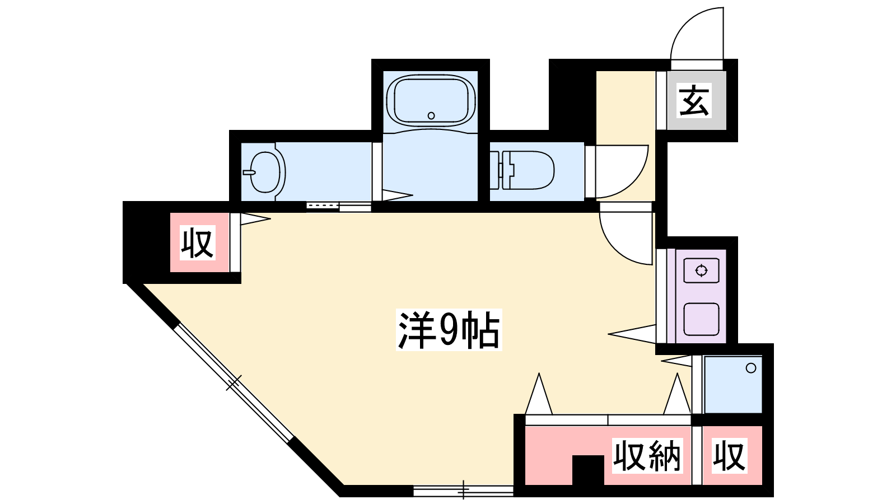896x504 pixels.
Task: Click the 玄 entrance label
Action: click(694, 100)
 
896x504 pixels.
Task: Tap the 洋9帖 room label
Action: click(449, 330)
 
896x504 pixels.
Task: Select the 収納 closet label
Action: click(647, 456)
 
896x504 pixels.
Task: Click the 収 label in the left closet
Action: click(197, 243)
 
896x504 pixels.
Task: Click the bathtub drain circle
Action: click(431, 115)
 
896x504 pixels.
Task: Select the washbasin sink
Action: click(265, 172)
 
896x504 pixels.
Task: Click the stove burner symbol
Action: click(701, 271)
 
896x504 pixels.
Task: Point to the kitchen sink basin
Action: click(701, 319)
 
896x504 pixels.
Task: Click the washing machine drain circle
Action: click(751, 368)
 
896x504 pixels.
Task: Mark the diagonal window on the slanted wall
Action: click(234, 383)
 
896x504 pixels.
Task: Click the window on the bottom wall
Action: click(463, 491)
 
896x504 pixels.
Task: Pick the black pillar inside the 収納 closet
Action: click(588, 470)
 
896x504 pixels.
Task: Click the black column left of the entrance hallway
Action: click(572, 100)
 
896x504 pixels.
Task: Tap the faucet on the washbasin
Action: click(249, 172)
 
